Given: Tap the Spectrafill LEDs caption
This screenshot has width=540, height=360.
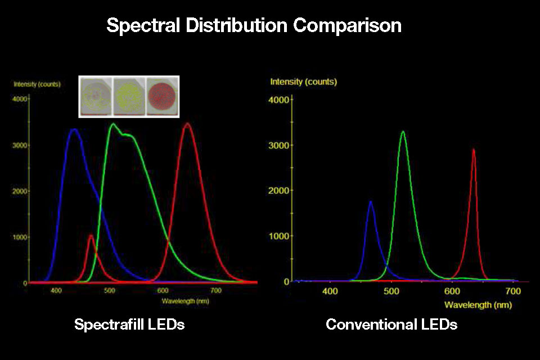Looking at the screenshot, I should (130, 325).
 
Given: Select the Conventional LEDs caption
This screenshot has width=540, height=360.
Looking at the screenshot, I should (391, 325).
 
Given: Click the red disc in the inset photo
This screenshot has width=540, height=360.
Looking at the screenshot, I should (162, 96).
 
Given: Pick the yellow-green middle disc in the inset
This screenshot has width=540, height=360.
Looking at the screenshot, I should (129, 96).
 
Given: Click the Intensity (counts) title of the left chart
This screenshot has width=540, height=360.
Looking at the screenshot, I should (37, 84).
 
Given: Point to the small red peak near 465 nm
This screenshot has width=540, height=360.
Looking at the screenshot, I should (91, 236).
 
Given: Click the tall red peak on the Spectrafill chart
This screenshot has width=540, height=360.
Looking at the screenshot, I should (188, 123).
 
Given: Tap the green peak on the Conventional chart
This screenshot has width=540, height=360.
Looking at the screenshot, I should (403, 132).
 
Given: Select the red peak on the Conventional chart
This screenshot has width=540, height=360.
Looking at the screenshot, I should (474, 150).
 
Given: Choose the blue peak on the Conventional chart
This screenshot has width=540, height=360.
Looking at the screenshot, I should (371, 201).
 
